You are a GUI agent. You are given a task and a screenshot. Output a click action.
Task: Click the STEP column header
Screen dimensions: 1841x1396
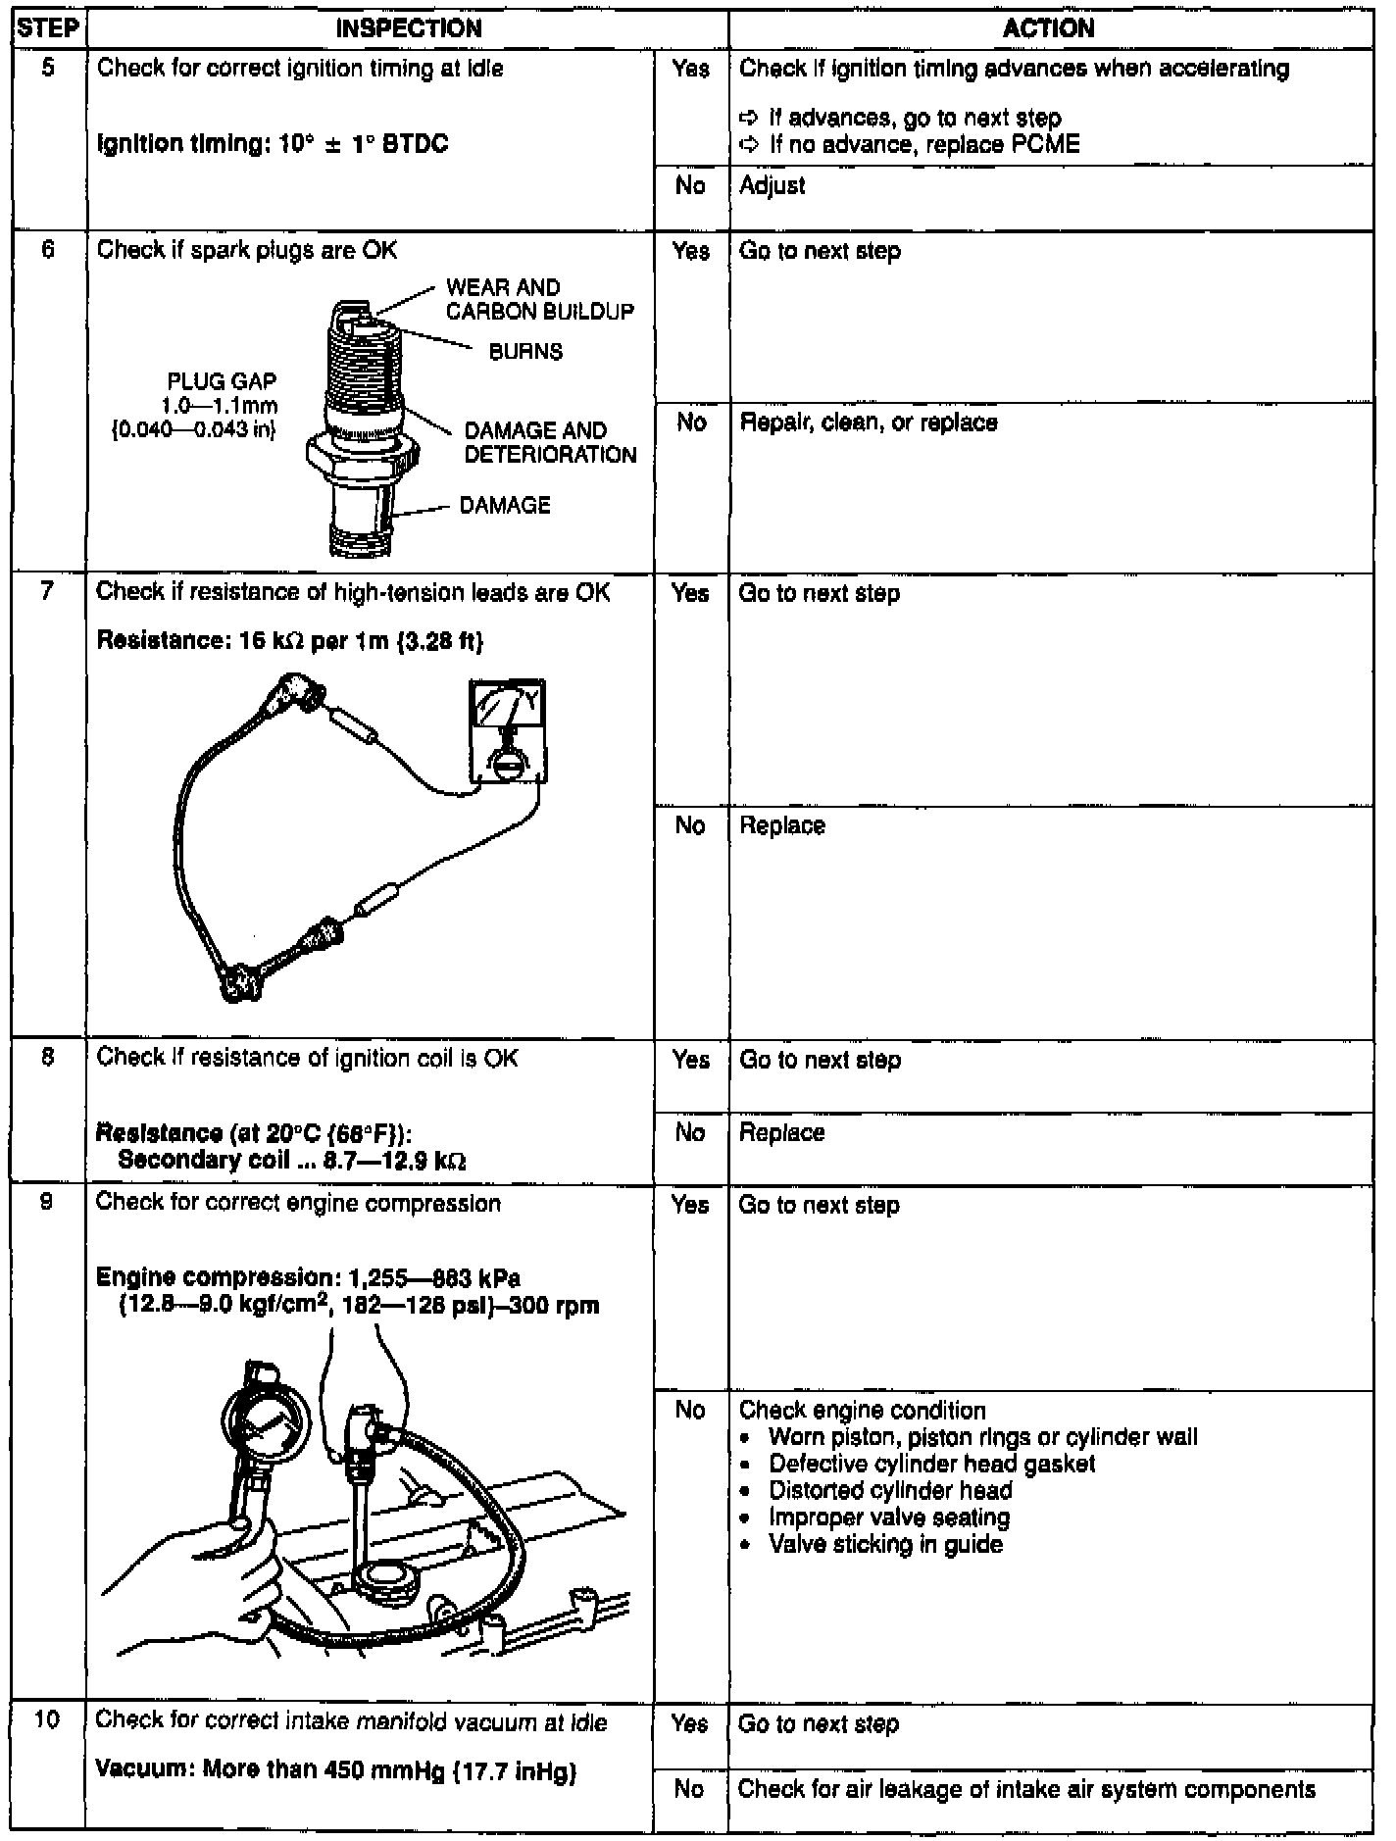[47, 28]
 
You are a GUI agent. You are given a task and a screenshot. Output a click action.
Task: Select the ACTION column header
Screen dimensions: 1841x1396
[1049, 28]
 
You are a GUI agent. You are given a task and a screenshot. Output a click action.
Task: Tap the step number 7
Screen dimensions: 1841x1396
[47, 591]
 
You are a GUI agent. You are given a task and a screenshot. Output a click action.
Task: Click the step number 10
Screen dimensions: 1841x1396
[47, 1720]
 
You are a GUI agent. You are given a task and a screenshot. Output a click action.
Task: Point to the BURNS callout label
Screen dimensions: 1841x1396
[525, 352]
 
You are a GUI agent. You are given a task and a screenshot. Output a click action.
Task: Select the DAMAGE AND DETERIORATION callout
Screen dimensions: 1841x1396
[550, 442]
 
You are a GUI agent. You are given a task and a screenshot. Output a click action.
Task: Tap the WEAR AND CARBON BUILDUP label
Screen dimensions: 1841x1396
[539, 299]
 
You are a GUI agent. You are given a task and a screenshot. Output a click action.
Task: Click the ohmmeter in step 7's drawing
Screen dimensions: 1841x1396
[508, 730]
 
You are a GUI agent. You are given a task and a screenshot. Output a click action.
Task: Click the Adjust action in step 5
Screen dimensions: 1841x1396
[773, 185]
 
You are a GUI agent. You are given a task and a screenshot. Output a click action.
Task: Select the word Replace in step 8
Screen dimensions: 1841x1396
[781, 1133]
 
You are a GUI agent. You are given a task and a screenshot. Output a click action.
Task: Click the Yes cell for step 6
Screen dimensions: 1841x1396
[690, 252]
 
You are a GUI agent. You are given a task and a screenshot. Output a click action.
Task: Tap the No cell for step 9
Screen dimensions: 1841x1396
[690, 1410]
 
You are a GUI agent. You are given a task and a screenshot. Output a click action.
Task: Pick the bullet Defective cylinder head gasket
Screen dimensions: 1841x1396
[931, 1465]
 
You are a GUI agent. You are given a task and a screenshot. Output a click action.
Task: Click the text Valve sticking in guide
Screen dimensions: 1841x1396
[885, 1545]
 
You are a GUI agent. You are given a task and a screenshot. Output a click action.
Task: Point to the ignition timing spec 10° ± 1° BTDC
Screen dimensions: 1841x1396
[273, 144]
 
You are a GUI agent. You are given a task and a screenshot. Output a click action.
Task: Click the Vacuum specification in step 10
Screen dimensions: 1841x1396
[336, 1771]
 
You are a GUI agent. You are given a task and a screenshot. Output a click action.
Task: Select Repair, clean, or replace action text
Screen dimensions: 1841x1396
[869, 423]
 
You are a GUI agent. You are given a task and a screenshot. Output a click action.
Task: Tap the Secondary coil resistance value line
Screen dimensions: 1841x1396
[291, 1161]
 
